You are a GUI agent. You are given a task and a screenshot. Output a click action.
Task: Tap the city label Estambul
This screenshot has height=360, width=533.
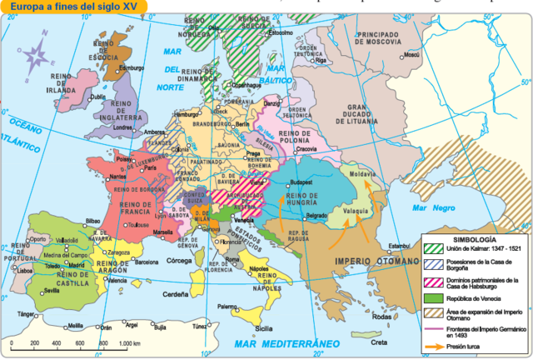(x=400, y=245)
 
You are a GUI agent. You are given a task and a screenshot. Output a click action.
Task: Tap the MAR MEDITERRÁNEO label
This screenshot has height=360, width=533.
(x=282, y=342)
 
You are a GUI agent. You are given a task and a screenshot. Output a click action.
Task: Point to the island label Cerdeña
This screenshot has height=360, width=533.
(x=174, y=293)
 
